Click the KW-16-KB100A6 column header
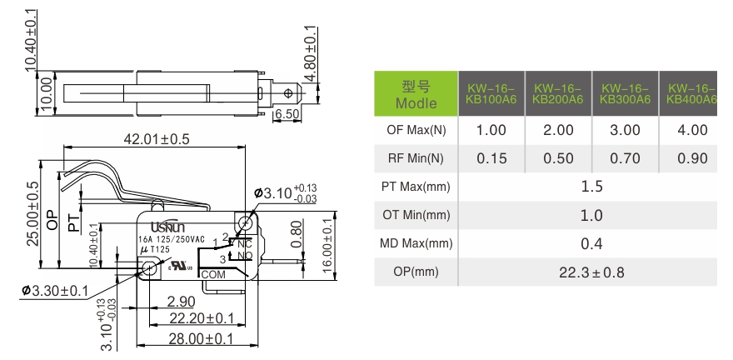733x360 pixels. pyautogui.click(x=491, y=93)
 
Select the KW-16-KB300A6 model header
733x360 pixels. pyautogui.click(x=625, y=93)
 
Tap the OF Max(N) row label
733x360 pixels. pyautogui.click(x=416, y=130)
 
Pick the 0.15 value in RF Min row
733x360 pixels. pyautogui.click(x=491, y=158)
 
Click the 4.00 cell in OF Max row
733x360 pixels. pyautogui.click(x=692, y=130)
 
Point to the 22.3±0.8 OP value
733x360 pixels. pyautogui.click(x=591, y=272)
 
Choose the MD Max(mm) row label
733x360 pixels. pyautogui.click(x=416, y=244)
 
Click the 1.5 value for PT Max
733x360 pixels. pyautogui.click(x=591, y=187)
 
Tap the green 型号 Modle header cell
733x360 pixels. pyautogui.click(x=416, y=93)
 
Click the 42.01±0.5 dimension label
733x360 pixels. pyautogui.click(x=157, y=138)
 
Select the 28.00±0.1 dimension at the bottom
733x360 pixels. pyautogui.click(x=199, y=338)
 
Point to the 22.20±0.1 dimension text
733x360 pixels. pyautogui.click(x=199, y=317)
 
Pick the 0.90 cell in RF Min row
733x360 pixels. pyautogui.click(x=692, y=158)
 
